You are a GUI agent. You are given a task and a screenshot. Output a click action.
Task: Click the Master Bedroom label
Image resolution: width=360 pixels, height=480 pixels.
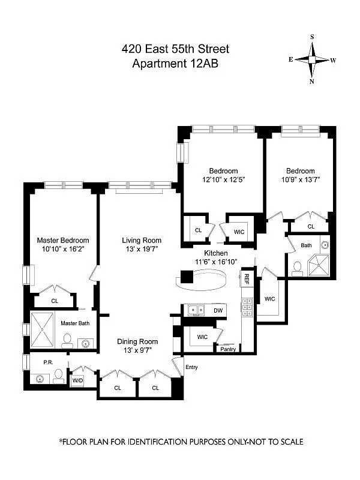click(x=63, y=241)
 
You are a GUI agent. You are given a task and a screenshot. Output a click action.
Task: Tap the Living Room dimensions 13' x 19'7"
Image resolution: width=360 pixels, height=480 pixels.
click(x=142, y=249)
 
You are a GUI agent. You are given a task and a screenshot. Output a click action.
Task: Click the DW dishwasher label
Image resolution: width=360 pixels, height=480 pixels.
click(x=218, y=311)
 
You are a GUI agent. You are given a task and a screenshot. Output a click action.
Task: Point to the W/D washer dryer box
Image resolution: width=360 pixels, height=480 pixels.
click(x=77, y=380)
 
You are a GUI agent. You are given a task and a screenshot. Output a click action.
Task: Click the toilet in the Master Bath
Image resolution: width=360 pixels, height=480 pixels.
click(x=67, y=341)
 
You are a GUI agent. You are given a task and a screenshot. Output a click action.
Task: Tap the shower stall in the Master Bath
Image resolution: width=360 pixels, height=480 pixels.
click(x=42, y=330)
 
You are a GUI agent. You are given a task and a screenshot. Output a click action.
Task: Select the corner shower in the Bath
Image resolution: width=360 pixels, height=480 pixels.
click(x=319, y=265)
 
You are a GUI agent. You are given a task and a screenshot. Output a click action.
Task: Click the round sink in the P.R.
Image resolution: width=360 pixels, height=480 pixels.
click(x=40, y=379)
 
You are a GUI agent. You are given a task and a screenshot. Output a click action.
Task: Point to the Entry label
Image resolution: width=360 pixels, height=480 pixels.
click(x=191, y=367)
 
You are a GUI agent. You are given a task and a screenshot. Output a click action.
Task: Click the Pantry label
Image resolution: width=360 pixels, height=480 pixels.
click(x=228, y=349)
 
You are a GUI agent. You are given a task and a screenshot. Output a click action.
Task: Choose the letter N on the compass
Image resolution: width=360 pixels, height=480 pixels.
click(x=312, y=82)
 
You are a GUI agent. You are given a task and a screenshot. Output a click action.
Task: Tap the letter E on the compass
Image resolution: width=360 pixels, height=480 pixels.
click(x=290, y=59)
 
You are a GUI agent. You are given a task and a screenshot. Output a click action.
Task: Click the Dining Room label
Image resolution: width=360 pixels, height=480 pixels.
click(x=137, y=341)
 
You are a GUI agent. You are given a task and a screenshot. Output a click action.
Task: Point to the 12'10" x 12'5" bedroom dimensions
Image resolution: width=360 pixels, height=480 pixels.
click(x=224, y=179)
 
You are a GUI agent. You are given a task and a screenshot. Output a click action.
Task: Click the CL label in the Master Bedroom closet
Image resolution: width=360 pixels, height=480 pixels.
click(x=55, y=301)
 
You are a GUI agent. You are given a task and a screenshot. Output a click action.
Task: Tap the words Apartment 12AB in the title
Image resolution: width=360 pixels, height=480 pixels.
click(x=175, y=64)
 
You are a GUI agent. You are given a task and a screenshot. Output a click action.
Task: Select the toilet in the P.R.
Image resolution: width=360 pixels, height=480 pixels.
click(x=58, y=376)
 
